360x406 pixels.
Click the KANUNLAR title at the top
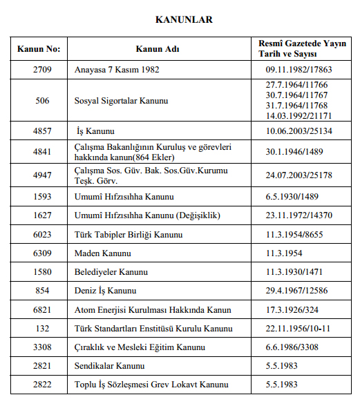(184, 20)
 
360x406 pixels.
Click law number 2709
(42, 70)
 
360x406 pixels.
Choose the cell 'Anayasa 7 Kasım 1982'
(117, 70)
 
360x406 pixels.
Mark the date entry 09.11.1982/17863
(299, 70)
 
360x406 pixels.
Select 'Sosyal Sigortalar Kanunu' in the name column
(122, 101)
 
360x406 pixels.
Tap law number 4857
(42, 131)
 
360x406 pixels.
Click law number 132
(42, 328)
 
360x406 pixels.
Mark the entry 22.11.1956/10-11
(299, 328)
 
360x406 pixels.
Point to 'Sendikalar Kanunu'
(110, 365)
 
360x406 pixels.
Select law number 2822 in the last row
(42, 384)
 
